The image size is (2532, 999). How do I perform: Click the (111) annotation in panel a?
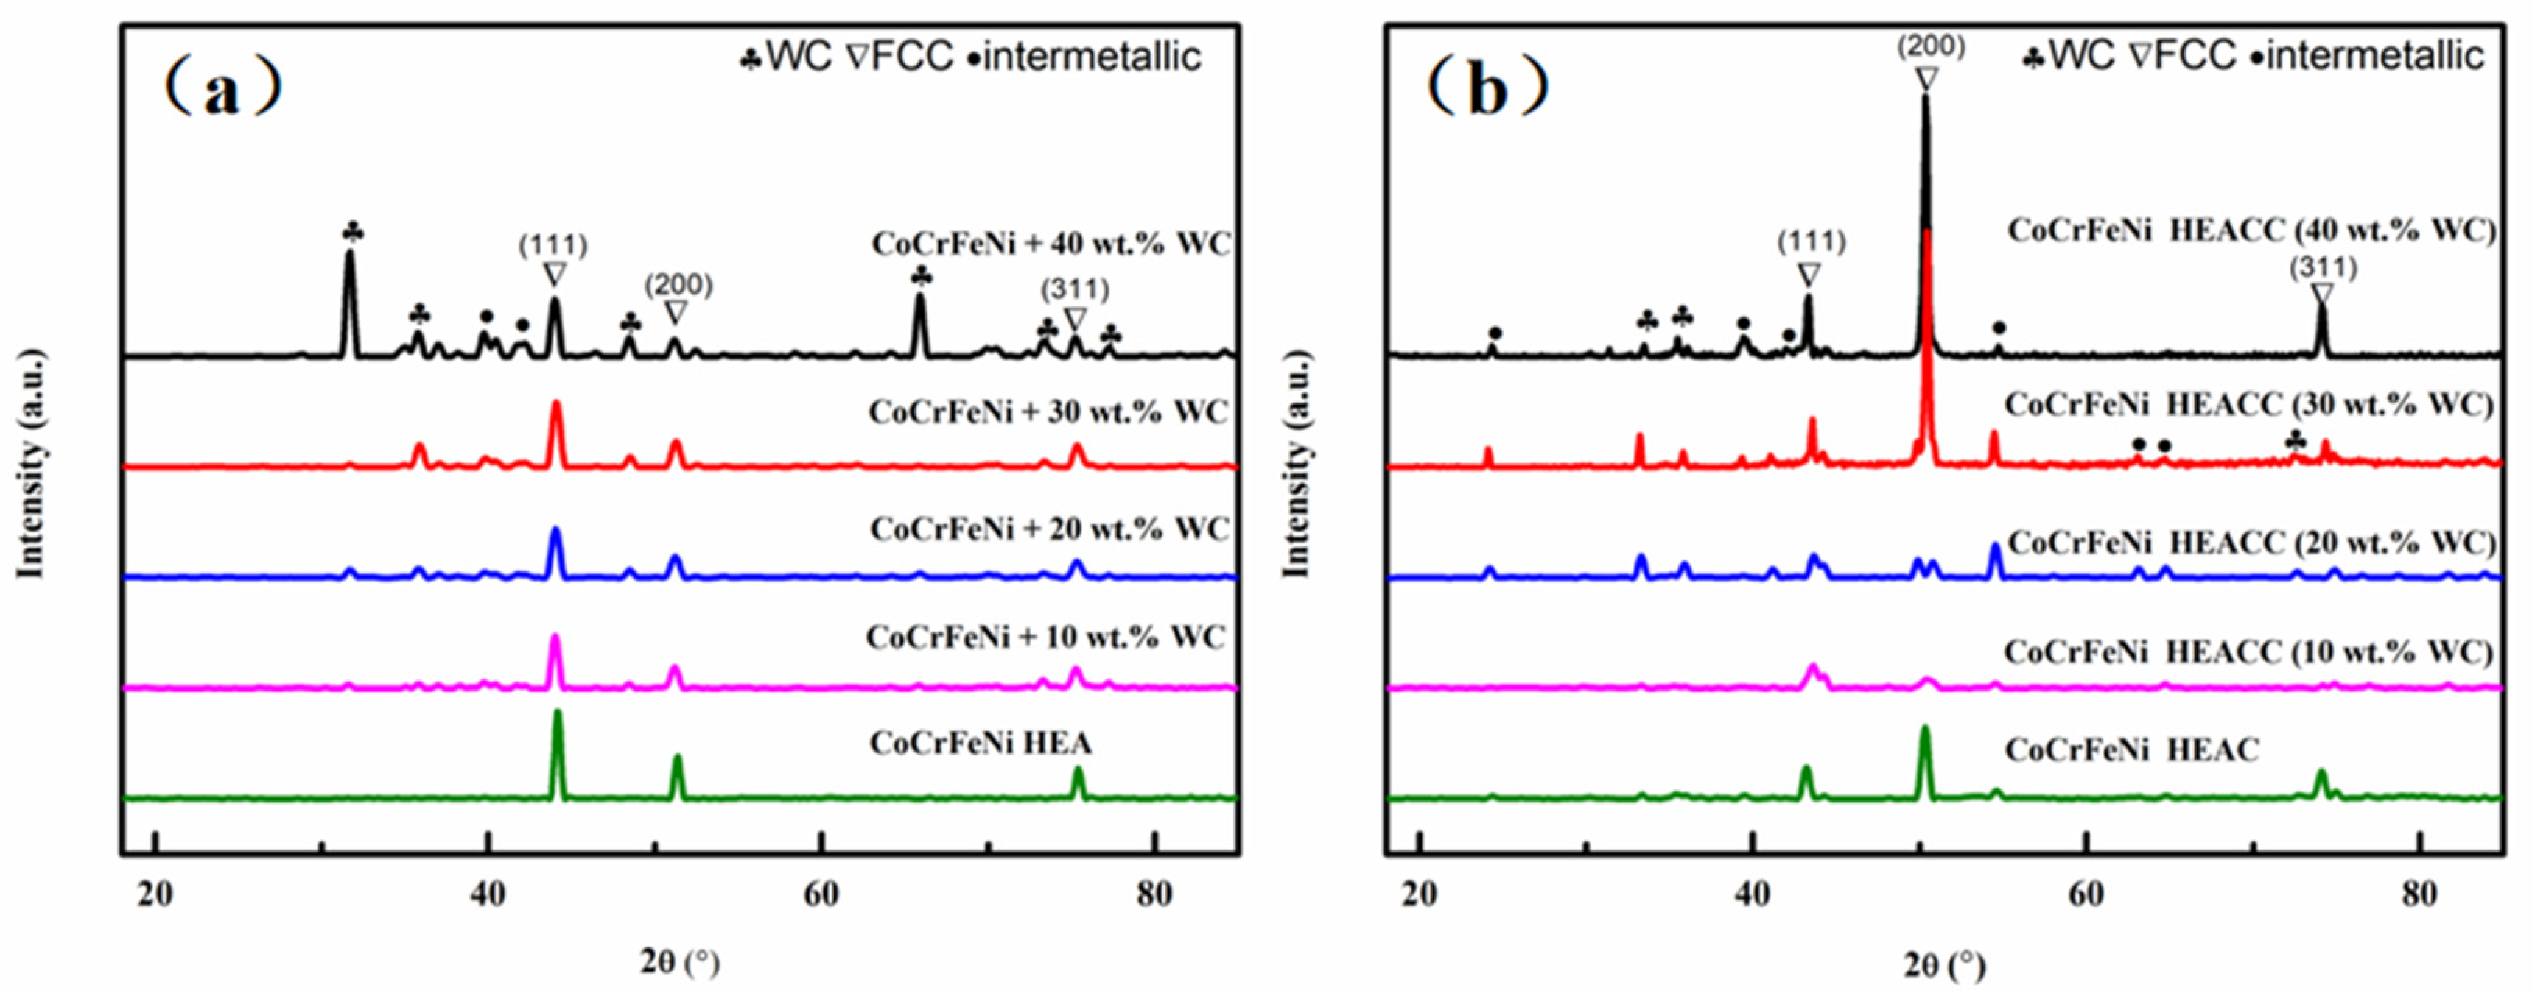point(553,244)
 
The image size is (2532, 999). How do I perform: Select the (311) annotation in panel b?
point(2323,266)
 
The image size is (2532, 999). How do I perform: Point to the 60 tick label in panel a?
point(821,895)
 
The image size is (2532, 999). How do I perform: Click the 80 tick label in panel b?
point(2419,895)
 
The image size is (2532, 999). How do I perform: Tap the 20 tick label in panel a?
point(155,895)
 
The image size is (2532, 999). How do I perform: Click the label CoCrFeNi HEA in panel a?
point(980,743)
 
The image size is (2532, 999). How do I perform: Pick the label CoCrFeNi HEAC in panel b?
point(2132,750)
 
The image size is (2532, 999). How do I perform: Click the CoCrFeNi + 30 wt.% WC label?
point(1048,412)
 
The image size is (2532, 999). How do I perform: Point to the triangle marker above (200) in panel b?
point(1926,79)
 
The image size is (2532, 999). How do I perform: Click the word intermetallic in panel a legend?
point(1091,57)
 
